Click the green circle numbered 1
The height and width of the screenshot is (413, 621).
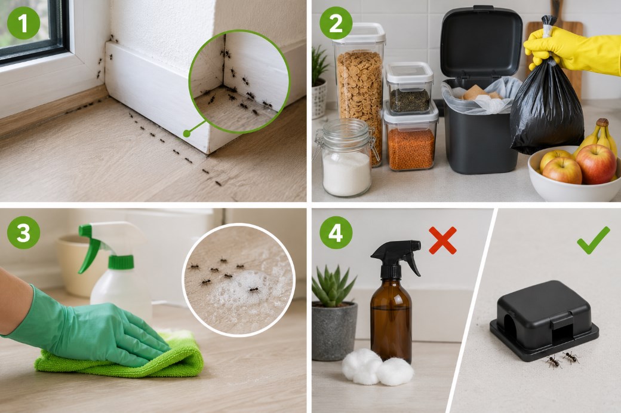(x=23, y=23)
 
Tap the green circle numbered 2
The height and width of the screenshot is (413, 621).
(x=336, y=23)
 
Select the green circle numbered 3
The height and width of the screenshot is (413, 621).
(x=23, y=232)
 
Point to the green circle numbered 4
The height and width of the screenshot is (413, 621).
(x=336, y=232)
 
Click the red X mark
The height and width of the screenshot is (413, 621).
(x=443, y=240)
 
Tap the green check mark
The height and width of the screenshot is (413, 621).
(x=593, y=240)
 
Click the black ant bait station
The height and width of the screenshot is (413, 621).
(x=544, y=320)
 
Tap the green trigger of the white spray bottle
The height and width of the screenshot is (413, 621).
(x=92, y=246)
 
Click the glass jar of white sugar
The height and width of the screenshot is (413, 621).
(x=346, y=158)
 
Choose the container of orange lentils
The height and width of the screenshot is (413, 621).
(x=411, y=137)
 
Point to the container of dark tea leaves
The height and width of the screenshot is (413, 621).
(x=409, y=88)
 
